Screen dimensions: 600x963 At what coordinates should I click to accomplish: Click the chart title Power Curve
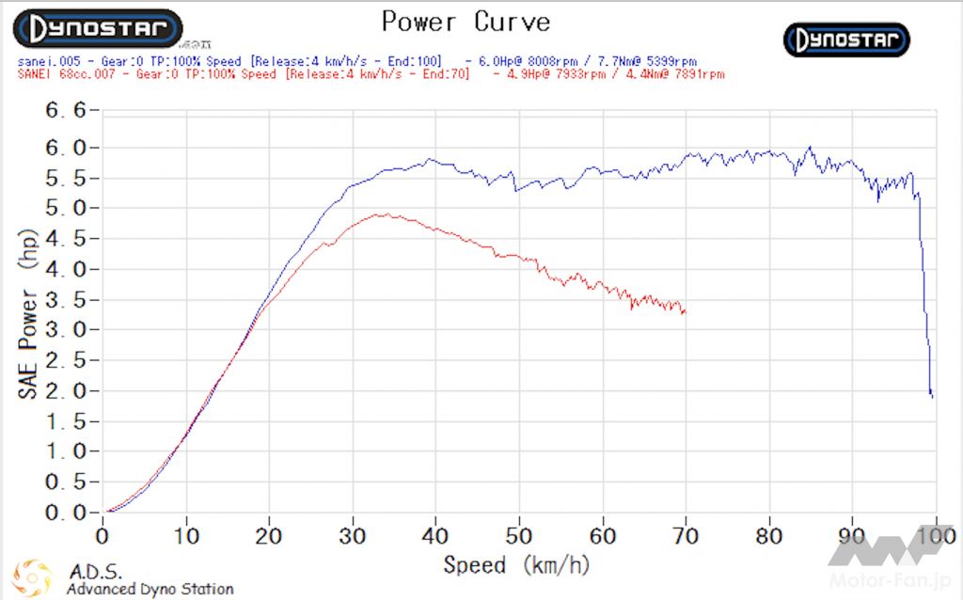point(466,21)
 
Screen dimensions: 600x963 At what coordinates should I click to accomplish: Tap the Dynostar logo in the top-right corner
point(846,39)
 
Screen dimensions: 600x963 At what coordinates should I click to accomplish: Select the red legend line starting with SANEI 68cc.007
point(371,74)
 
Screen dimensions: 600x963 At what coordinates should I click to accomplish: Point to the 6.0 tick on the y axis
point(66,148)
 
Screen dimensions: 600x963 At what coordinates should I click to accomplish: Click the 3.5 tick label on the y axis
point(66,300)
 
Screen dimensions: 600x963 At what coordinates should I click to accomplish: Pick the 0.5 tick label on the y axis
point(66,482)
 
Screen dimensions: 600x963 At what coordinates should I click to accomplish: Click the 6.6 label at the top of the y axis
point(66,111)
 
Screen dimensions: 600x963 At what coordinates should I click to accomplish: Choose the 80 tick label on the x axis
point(769,537)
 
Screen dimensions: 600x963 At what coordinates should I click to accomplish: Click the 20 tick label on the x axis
point(269,537)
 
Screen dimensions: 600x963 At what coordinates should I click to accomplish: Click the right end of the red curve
point(686,312)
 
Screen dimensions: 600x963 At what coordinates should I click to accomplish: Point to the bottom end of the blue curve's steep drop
point(932,396)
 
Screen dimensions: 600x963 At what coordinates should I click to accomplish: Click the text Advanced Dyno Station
point(150,589)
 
